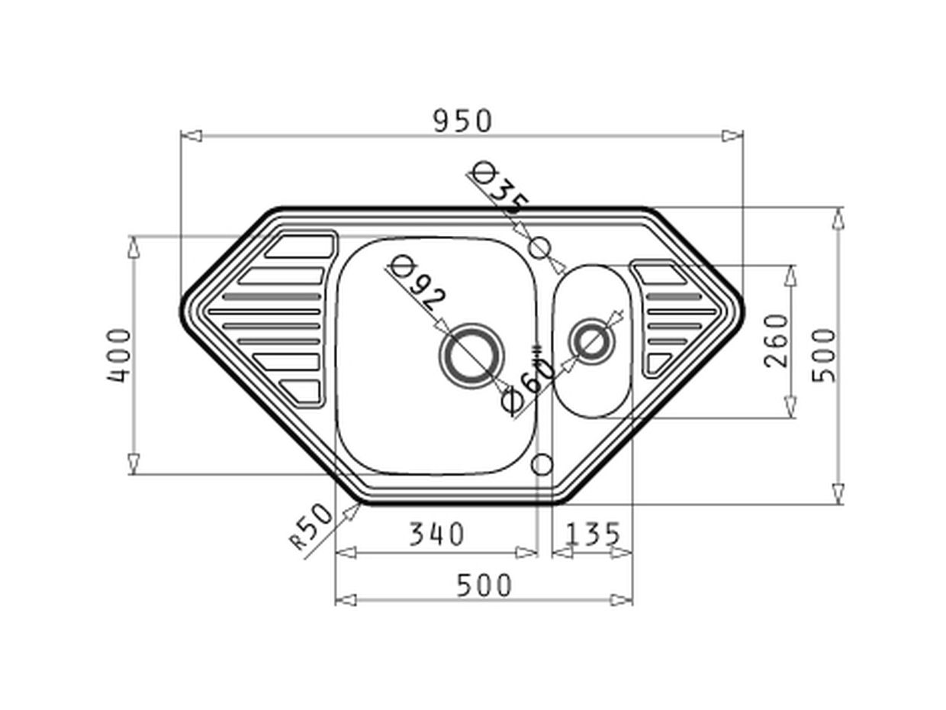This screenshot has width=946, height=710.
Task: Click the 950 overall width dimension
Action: click(x=462, y=121)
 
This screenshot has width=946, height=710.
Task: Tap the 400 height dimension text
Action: click(x=118, y=355)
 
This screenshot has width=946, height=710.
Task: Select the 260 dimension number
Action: click(x=776, y=340)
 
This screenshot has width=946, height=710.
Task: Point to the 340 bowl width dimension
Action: click(x=436, y=534)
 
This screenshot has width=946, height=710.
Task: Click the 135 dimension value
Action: click(x=592, y=534)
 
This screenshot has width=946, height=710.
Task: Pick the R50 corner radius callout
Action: click(x=311, y=527)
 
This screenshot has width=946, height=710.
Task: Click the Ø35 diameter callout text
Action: click(x=500, y=189)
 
